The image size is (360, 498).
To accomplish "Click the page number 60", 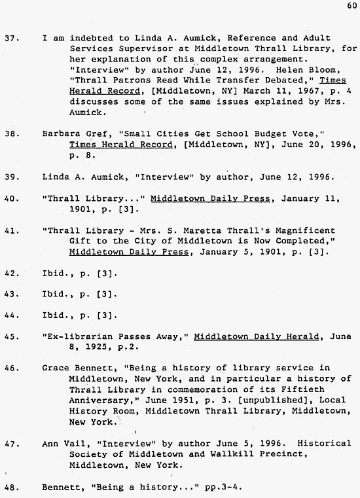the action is click(352, 7).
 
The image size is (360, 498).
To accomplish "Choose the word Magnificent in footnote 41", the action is click(307, 231).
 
